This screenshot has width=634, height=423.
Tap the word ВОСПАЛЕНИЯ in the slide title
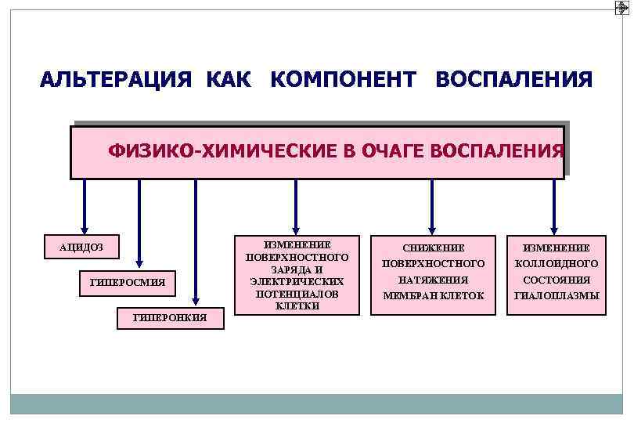pos(513,80)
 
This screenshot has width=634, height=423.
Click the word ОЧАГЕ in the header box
pos(402,151)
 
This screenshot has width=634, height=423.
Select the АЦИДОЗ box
pos(81,248)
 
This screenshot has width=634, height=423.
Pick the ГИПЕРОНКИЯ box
pos(170,317)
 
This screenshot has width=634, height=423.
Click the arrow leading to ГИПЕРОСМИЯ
pos(139,223)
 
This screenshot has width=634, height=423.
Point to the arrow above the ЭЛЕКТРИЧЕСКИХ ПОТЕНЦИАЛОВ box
pos(295,205)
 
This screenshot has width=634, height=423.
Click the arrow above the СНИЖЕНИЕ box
pos(433,205)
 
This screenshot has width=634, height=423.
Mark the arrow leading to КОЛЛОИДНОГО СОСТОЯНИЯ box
pos(554,205)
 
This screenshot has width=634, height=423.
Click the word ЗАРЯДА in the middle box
pos(297,269)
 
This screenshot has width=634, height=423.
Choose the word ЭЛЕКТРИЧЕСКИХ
pos(297,280)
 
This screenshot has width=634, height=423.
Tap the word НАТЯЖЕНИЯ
pos(433,280)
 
